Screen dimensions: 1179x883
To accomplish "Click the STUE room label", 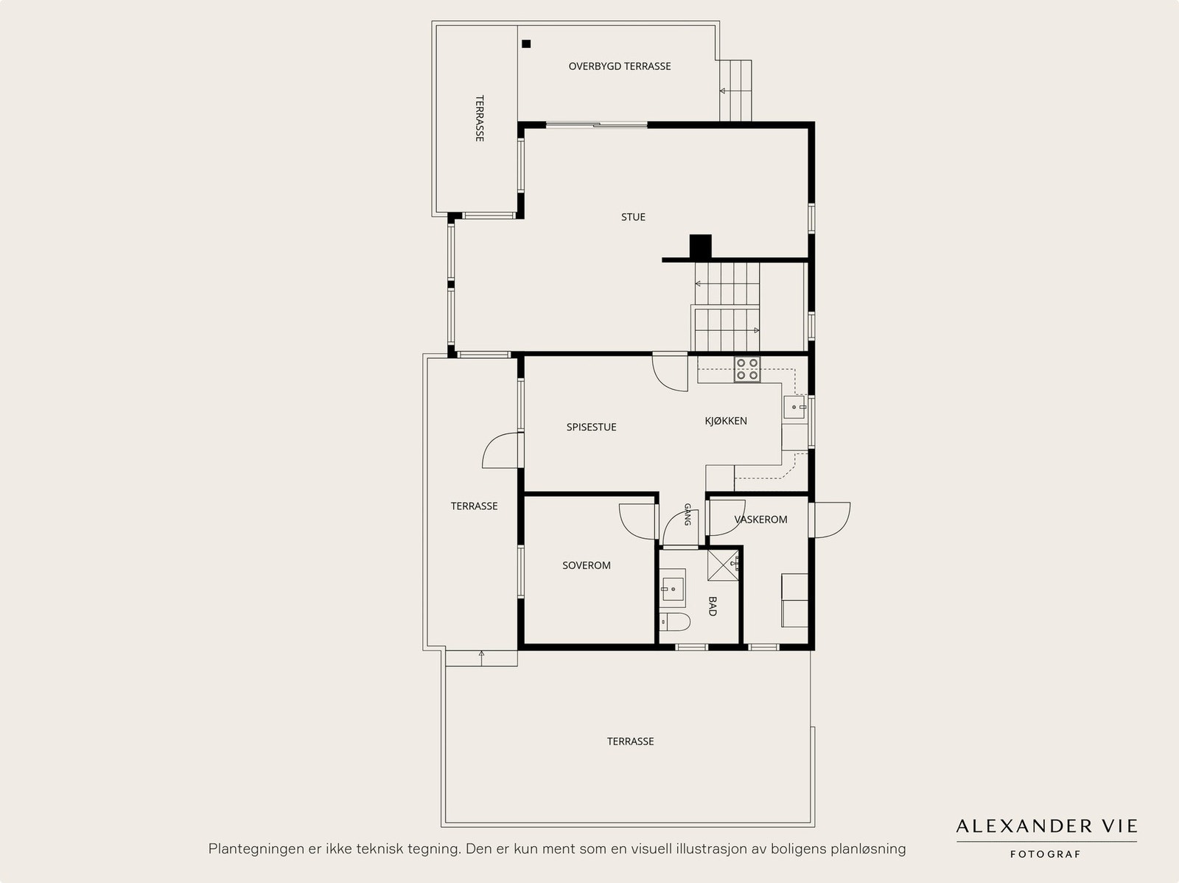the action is coord(633,217).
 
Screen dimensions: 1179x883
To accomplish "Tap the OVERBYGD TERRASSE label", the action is coord(619,66).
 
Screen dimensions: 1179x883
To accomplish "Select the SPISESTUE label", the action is coord(591,427).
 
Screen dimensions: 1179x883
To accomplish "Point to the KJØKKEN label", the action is coord(726,421).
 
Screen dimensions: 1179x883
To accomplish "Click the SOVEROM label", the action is coord(586,565).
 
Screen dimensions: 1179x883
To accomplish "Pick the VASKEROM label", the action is coord(760,520).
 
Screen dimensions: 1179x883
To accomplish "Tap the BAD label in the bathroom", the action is coord(713,606).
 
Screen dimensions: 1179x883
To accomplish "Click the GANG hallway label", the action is coord(687,514).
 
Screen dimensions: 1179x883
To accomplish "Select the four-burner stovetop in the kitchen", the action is coord(747,369).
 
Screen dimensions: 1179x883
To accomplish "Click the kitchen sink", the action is coord(794,407).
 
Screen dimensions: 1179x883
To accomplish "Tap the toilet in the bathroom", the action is coord(675,622).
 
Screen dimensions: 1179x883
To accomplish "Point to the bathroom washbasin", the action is coord(673,588).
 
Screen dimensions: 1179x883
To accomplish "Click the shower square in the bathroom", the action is coord(724,565).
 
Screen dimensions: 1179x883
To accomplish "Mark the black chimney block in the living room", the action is coord(701,246).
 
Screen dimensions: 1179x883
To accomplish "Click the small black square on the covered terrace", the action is coord(526,44).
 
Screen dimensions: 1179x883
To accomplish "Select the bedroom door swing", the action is coord(637,521).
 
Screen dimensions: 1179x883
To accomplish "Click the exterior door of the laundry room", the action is coord(830,520).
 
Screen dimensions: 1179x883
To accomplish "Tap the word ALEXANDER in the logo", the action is coord(1024,826).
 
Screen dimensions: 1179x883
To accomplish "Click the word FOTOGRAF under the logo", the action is coord(1045,854).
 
